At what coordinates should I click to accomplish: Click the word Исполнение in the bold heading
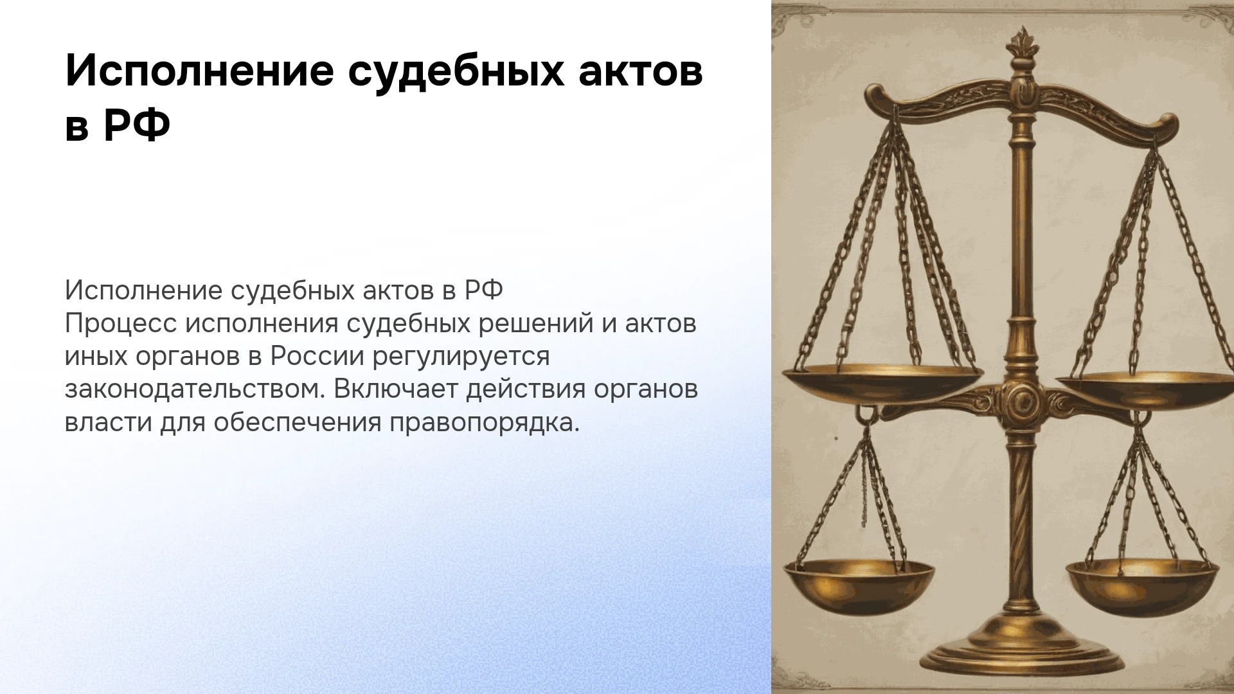pos(200,72)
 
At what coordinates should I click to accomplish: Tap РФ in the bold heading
pos(137,127)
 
